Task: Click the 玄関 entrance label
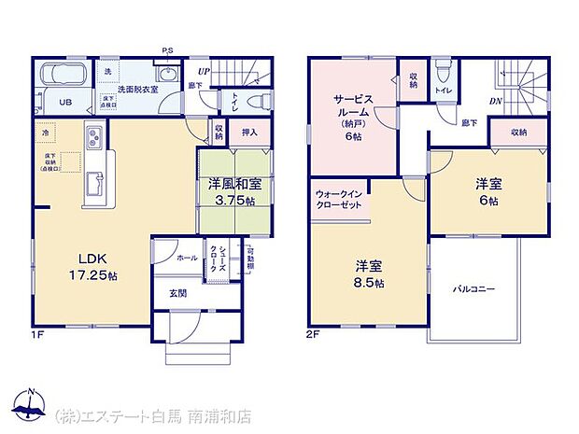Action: (x=177, y=293)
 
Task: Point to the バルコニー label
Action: (x=474, y=289)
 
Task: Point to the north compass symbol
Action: (x=30, y=403)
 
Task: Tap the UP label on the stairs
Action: (x=204, y=69)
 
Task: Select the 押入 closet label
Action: (x=249, y=133)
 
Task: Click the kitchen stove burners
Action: (x=96, y=139)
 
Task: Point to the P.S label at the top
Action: (x=167, y=50)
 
